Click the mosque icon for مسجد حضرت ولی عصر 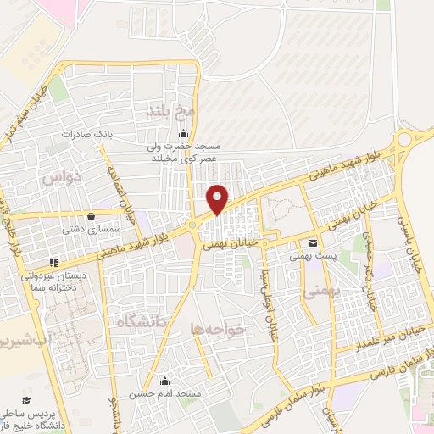183,132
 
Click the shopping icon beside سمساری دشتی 91,216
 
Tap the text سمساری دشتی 81,230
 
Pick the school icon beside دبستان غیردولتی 53,263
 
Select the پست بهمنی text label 308,255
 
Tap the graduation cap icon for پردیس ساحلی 26,400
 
